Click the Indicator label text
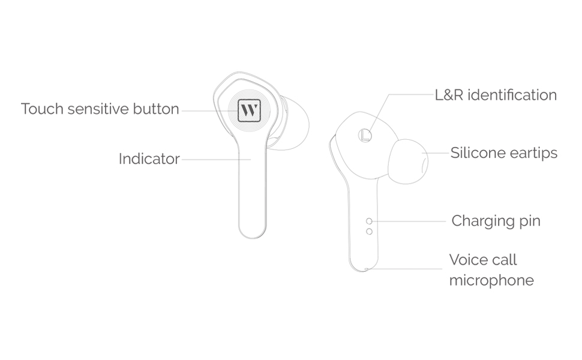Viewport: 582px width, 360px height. click(149, 159)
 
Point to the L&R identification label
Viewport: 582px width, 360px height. click(496, 95)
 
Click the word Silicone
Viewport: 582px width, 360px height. click(478, 153)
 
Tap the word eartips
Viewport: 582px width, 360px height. click(533, 154)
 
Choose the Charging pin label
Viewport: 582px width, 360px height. click(496, 221)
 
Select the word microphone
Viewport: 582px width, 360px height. click(491, 280)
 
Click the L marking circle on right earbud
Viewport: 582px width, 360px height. click(364, 135)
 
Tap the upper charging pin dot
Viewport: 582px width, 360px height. click(369, 221)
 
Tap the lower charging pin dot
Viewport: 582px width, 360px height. click(369, 231)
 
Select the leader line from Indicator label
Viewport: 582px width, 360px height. click(216, 159)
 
